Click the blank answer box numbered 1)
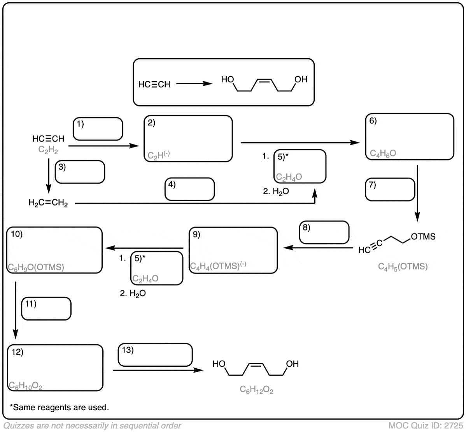coord(98,129)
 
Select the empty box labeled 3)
coord(80,172)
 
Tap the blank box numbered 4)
coord(189,189)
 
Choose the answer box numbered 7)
coord(390,189)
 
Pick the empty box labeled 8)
coord(324,232)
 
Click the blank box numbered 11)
coord(46,309)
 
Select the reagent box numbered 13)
coord(155,355)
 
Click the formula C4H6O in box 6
coord(383,153)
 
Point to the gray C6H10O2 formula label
coord(25,386)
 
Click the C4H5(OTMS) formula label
coord(403,267)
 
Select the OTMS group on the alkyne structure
coord(423,237)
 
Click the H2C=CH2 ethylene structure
coord(48,203)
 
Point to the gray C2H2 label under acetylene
coord(48,150)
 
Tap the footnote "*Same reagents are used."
coord(59,408)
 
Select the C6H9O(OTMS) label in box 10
coord(36,267)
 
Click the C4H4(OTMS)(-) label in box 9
coord(218,266)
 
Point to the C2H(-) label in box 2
coord(159,156)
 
